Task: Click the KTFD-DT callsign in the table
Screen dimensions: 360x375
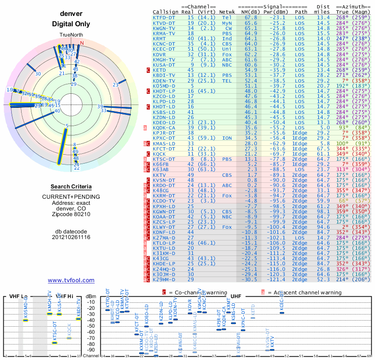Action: point(164,17)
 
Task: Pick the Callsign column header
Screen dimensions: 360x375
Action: point(166,12)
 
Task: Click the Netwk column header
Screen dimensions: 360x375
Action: point(228,12)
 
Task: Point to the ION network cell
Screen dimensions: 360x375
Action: point(226,138)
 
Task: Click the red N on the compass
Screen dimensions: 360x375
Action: point(82,43)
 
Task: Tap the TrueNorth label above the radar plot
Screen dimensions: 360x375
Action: point(70,35)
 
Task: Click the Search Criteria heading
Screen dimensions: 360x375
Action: point(71,187)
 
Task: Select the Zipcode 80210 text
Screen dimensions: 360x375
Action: point(71,214)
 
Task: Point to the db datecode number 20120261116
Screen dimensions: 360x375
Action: point(71,237)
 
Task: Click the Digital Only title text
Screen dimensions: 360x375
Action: point(71,24)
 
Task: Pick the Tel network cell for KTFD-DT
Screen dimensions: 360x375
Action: point(226,17)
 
